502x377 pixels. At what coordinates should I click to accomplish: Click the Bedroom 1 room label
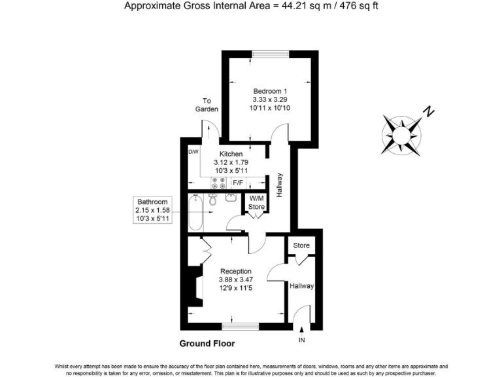point(270,91)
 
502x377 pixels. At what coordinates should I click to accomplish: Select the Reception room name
point(235,271)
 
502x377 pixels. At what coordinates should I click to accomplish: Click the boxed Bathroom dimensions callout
point(152,210)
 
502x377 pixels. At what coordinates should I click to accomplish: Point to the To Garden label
point(207,105)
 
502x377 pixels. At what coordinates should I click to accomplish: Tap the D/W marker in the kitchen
point(193,152)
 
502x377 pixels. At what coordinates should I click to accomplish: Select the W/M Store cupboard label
point(256,203)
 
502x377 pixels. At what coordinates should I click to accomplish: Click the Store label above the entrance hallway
point(301,246)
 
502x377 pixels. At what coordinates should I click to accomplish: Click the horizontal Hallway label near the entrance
point(301,286)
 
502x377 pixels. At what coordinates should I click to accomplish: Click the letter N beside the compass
point(428,112)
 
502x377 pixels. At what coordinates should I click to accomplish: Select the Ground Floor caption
point(207,343)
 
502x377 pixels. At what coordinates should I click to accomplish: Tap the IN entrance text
point(301,340)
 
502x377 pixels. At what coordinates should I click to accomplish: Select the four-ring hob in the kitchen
point(218,183)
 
